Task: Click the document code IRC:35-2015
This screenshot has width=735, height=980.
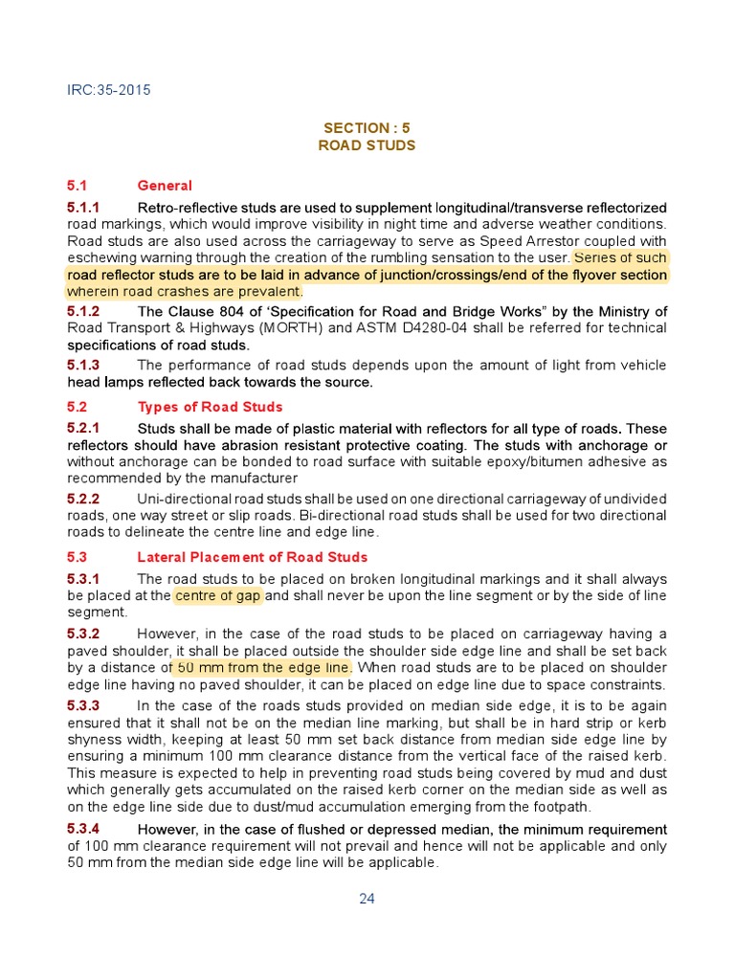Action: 108,91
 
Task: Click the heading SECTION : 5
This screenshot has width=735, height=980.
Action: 367,127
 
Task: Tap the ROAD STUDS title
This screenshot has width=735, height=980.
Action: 367,145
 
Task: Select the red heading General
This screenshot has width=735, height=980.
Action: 165,186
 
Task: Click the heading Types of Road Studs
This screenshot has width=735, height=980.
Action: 210,407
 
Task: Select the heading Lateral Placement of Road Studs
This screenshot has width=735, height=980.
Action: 253,557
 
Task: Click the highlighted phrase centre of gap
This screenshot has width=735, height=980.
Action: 218,596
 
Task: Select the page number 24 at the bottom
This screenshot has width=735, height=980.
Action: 367,898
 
